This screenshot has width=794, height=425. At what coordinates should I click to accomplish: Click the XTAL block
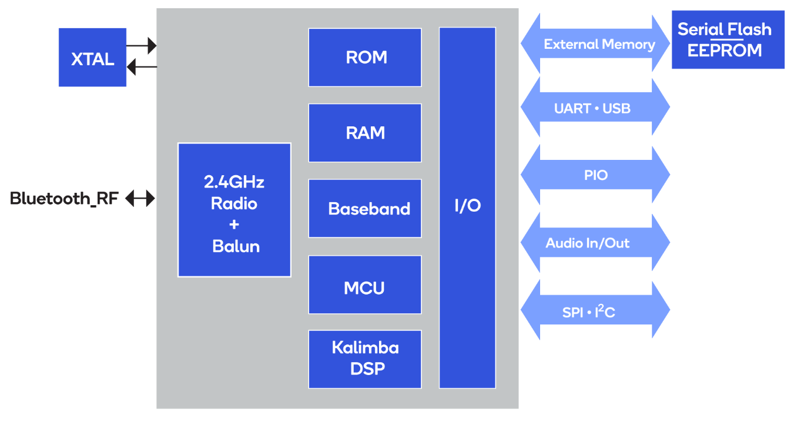[x=92, y=58]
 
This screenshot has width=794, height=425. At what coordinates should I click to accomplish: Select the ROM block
[x=365, y=58]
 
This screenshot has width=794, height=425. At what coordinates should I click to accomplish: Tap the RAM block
[x=365, y=133]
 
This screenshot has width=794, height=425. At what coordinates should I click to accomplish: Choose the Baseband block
[x=365, y=209]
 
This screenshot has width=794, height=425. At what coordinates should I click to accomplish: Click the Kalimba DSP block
[x=365, y=359]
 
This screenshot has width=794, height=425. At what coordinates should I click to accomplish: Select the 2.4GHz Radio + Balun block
[x=234, y=210]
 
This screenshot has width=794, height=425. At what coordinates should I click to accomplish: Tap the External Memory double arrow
[x=595, y=44]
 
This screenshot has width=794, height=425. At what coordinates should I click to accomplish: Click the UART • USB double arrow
[x=595, y=108]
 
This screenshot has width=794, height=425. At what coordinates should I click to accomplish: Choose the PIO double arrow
[x=595, y=175]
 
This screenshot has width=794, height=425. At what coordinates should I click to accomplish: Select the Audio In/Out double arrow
[x=595, y=243]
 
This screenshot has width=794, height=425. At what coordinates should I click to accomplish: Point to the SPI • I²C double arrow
[x=595, y=310]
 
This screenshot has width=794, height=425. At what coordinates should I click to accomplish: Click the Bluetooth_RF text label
[x=64, y=199]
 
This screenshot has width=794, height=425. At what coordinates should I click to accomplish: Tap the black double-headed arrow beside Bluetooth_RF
[x=140, y=199]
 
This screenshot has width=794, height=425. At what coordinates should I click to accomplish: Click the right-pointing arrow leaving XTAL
[x=142, y=45]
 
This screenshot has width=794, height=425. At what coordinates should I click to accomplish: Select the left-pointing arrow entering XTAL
[x=142, y=67]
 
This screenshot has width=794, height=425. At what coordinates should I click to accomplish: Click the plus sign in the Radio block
[x=234, y=225]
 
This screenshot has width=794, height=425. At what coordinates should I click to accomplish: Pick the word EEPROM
[x=725, y=51]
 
